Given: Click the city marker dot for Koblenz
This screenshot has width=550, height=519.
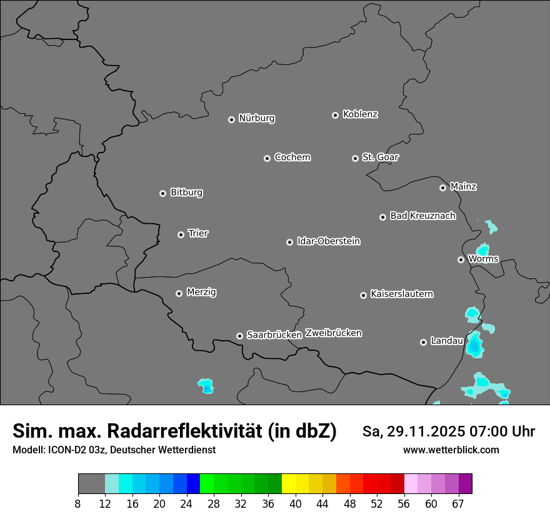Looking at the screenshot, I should tap(335, 115).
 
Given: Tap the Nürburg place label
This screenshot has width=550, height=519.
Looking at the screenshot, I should tap(256, 118).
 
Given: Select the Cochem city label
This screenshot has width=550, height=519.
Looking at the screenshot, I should tap(292, 157).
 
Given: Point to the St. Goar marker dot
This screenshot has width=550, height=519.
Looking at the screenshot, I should tap(355, 158).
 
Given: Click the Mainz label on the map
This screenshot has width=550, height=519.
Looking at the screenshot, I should tap(463, 186).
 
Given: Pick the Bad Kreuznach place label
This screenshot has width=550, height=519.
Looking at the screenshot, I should tap(422, 216).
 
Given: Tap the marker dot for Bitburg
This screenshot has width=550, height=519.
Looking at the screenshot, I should tap(162, 193).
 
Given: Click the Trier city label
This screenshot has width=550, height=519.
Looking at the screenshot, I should tap(198, 233).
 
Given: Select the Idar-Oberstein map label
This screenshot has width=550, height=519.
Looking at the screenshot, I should tap(328, 241).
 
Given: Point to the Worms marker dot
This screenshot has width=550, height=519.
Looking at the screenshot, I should tap(461, 259).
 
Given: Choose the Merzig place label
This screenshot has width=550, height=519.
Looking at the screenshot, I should tap(201, 292).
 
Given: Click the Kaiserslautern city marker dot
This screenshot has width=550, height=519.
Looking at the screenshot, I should tap(363, 295).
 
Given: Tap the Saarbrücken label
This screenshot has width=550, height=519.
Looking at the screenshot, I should tap(274, 335).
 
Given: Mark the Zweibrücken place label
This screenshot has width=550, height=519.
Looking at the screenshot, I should tap(333, 333).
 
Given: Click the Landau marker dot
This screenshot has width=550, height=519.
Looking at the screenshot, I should tap(423, 342).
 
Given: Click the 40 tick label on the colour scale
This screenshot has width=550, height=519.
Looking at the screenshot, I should tap(296, 503).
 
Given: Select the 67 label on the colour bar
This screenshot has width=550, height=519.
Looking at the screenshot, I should tap(457, 503).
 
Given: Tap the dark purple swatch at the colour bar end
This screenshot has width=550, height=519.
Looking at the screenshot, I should tap(465, 484).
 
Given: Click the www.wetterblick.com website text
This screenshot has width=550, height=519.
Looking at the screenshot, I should tap(451, 450).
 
